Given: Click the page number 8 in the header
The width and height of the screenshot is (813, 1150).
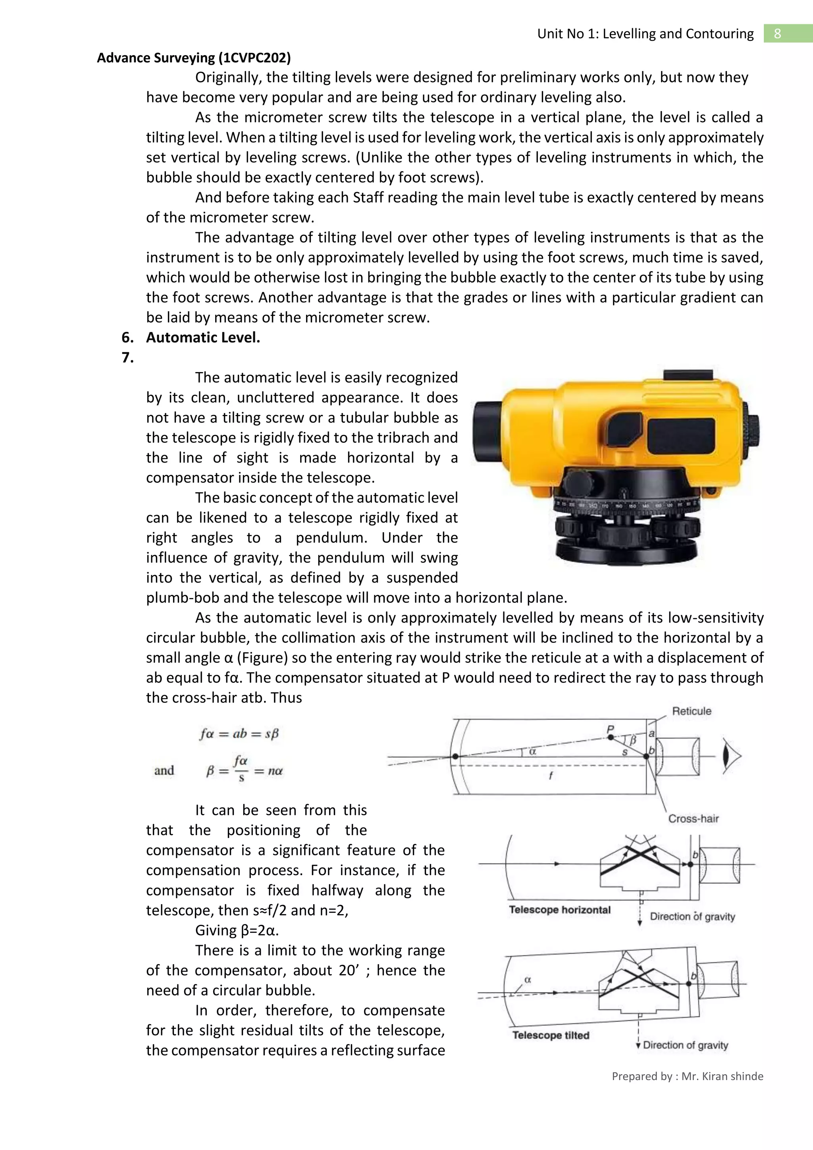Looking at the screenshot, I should [x=777, y=34].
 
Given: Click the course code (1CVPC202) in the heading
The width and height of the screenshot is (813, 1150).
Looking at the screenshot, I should [x=255, y=58].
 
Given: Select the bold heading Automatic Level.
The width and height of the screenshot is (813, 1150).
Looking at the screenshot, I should [x=203, y=338].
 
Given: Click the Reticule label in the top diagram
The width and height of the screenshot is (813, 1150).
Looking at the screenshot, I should [x=692, y=711].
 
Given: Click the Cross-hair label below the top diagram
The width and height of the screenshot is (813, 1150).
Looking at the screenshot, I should [x=694, y=818].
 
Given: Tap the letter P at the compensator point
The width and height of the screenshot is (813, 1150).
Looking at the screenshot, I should [x=610, y=729].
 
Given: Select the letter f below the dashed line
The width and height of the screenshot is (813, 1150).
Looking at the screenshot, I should [x=551, y=776].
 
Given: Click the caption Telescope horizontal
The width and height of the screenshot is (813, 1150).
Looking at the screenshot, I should [x=560, y=910].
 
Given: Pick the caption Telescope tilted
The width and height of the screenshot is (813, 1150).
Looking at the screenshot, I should [x=551, y=1035].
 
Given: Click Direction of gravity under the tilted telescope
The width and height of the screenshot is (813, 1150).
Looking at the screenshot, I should [x=685, y=1045].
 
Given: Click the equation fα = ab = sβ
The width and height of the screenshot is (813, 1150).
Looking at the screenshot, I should [x=239, y=734].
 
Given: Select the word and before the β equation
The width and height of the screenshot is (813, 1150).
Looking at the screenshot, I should [x=164, y=770].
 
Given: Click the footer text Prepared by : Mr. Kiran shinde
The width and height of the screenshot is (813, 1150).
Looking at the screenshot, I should [x=687, y=1076].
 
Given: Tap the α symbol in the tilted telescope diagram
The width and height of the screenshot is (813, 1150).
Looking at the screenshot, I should [x=527, y=979].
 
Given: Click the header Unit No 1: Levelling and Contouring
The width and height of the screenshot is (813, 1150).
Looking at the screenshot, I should [x=645, y=34].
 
